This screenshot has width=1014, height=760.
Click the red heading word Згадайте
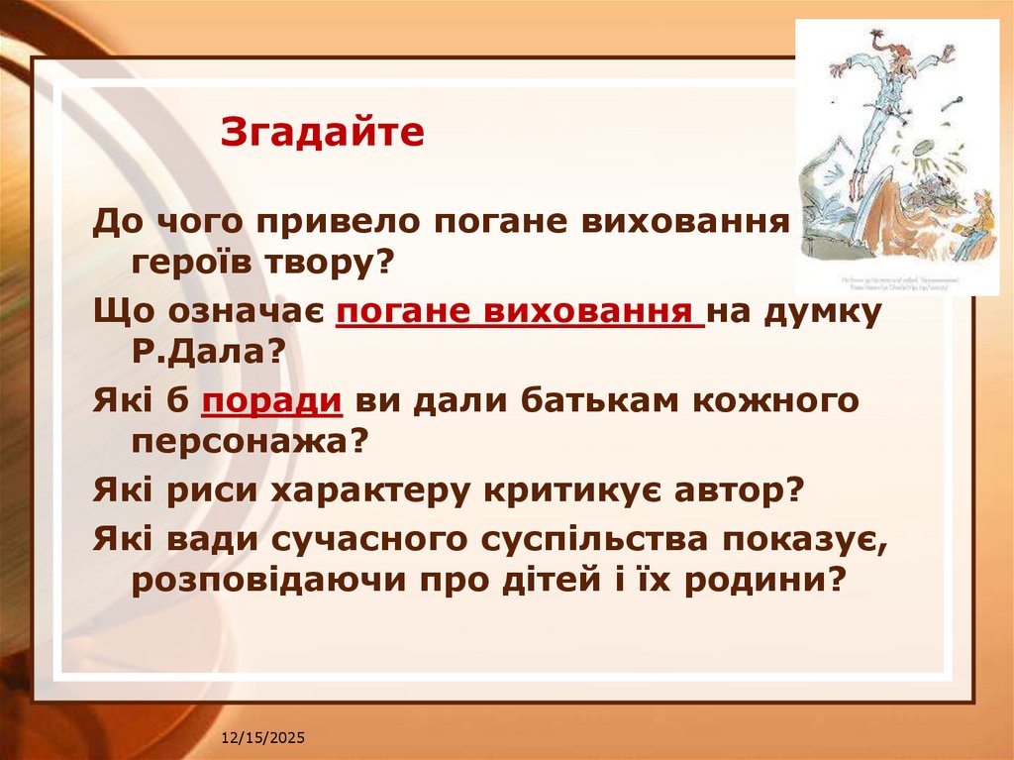coord(322,132)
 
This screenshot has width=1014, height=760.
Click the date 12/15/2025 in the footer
coord(262,739)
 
